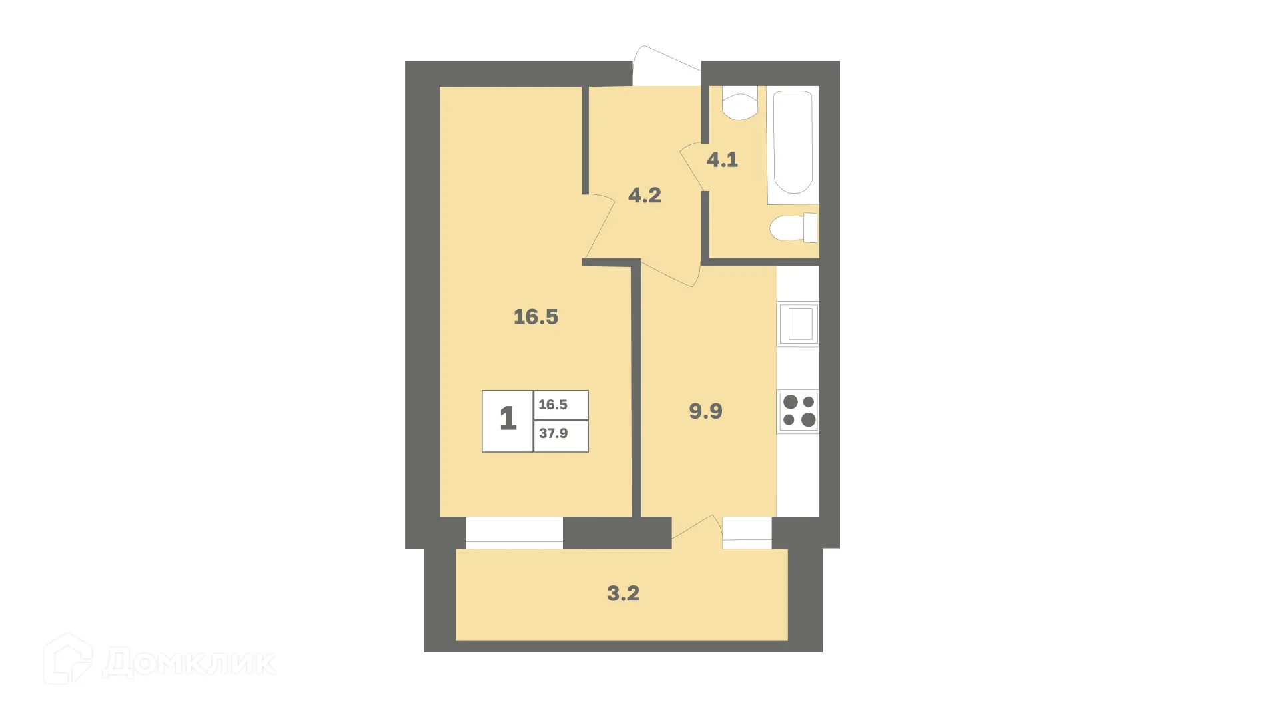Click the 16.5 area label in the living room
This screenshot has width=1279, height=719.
click(x=536, y=317)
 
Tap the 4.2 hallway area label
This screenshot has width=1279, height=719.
click(x=644, y=195)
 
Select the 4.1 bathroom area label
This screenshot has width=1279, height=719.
click(x=722, y=160)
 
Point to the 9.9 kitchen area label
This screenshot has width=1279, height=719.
click(x=705, y=411)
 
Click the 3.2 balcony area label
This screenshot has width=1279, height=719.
click(x=623, y=593)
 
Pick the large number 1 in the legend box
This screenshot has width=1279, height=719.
click(x=508, y=419)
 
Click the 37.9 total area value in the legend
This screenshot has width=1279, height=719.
click(x=554, y=434)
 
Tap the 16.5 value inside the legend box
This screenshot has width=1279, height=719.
click(x=553, y=405)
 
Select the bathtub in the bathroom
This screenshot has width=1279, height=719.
click(x=793, y=143)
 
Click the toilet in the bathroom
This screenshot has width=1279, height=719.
click(x=793, y=228)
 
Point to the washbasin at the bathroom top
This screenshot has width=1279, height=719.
click(x=739, y=103)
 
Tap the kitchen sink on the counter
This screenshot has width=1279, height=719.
click(x=799, y=324)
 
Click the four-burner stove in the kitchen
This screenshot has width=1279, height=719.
click(x=799, y=411)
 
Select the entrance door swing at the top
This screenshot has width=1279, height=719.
click(x=663, y=65)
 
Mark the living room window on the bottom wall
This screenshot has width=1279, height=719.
click(x=514, y=533)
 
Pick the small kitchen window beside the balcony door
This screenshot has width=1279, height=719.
click(x=747, y=533)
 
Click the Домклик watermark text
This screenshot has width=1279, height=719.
click(x=190, y=662)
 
